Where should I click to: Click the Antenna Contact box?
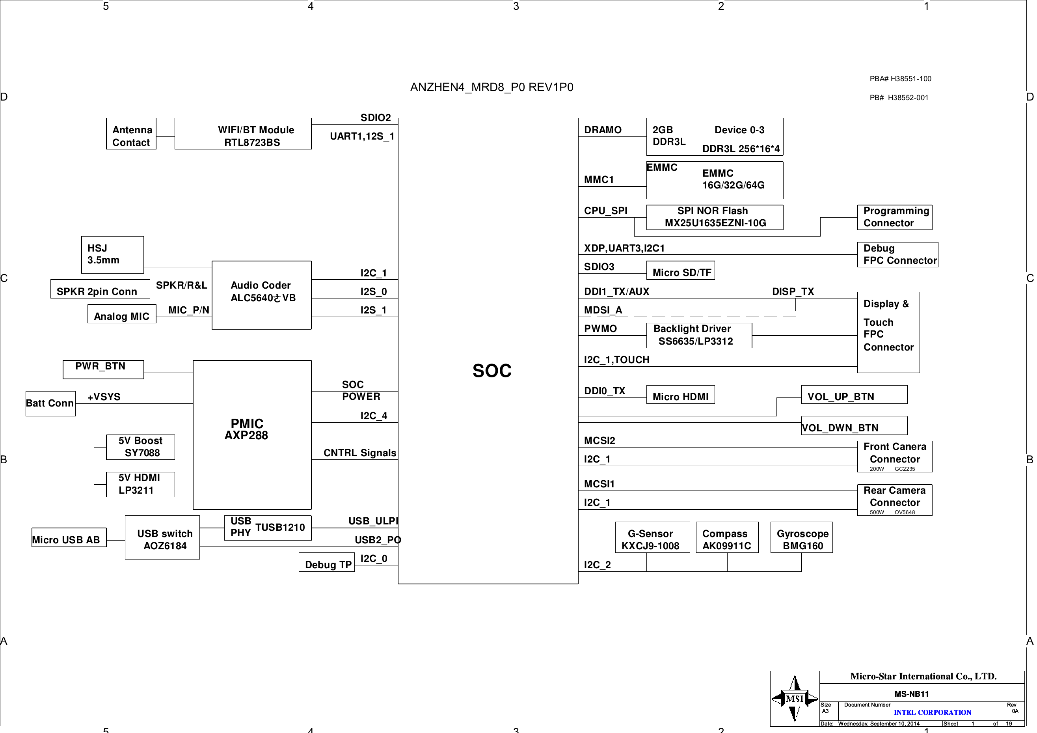[x=131, y=134]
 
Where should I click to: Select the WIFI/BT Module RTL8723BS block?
[x=243, y=134]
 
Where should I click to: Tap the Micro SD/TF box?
[x=680, y=270]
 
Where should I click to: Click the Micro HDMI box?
[x=680, y=395]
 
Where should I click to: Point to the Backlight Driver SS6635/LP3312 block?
[x=699, y=335]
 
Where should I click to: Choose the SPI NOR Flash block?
[x=715, y=217]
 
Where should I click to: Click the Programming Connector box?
[x=895, y=217]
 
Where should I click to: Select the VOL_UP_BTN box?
[x=854, y=395]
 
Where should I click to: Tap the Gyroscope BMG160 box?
[x=802, y=537]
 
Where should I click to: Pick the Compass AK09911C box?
[x=727, y=537]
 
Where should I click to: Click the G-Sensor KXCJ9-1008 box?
[x=652, y=537]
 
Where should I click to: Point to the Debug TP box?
[x=326, y=562]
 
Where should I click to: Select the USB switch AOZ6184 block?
[x=162, y=537]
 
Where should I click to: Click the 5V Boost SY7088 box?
[x=140, y=448]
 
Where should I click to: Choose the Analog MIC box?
[x=122, y=313]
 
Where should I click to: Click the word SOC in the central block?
[x=492, y=371]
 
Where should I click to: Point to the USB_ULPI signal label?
[x=373, y=521]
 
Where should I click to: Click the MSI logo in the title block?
[x=795, y=699]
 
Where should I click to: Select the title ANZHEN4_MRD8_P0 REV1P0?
[x=492, y=87]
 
